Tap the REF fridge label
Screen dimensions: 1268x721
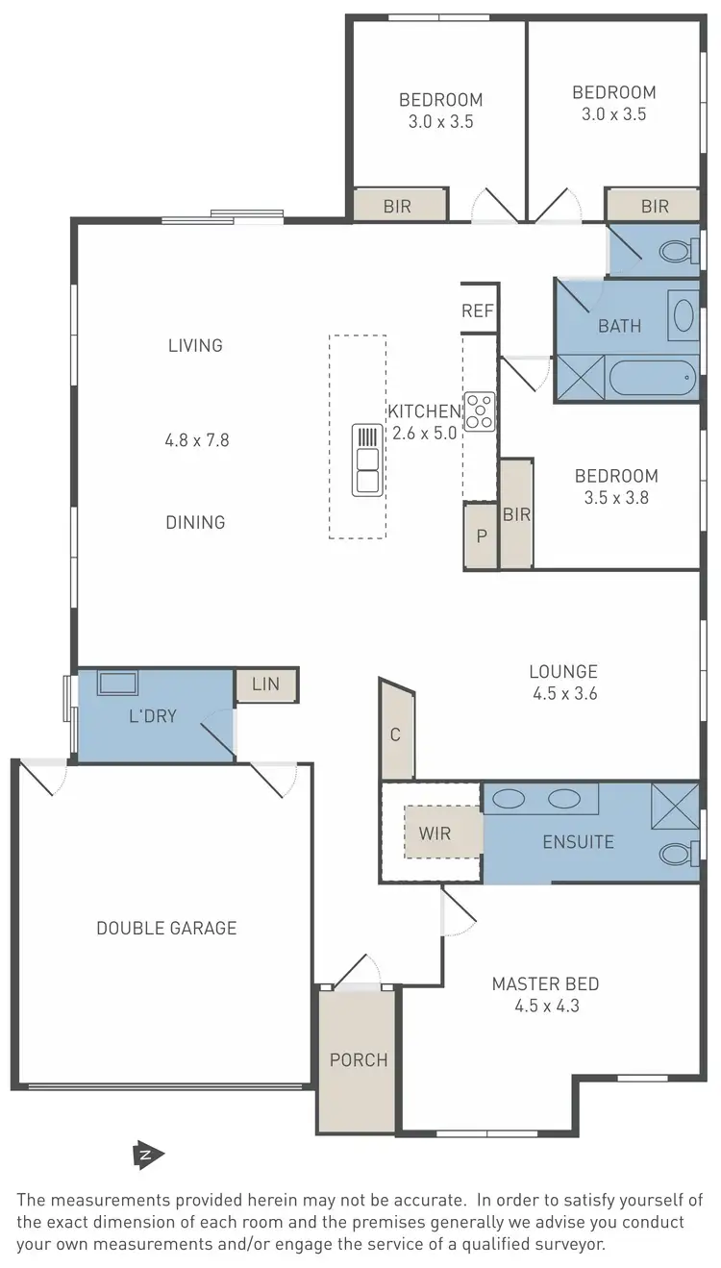(478, 311)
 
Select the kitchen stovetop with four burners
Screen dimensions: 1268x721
(479, 411)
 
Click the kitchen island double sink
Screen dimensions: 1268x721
(367, 460)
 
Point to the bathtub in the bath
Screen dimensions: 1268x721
(653, 378)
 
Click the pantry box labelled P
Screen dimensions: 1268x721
(482, 535)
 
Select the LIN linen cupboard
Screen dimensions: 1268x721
(265, 684)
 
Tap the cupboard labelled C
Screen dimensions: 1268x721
(395, 734)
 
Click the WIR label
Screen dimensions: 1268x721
(435, 833)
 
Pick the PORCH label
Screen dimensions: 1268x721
(359, 1060)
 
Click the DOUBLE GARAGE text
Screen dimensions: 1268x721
(166, 928)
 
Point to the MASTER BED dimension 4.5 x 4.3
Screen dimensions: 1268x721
(545, 1007)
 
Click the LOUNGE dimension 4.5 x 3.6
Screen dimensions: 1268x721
(563, 693)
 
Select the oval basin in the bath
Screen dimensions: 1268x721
(684, 316)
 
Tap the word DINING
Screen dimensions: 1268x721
(196, 522)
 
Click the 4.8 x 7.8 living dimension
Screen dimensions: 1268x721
(197, 440)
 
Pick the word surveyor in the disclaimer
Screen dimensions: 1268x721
(561, 1243)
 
